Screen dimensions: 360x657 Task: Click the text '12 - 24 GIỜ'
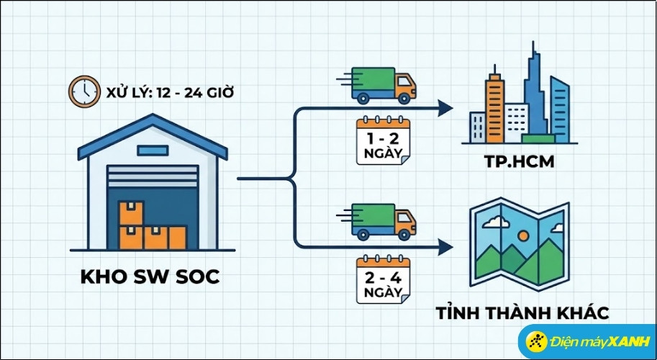pyautogui.click(x=195, y=93)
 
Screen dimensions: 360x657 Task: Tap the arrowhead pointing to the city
pyautogui.click(x=446, y=109)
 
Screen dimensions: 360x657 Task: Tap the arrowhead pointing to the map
pyautogui.click(x=446, y=246)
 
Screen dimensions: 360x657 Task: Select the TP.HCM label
pyautogui.click(x=520, y=162)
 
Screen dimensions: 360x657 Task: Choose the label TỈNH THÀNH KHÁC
pyautogui.click(x=522, y=313)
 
